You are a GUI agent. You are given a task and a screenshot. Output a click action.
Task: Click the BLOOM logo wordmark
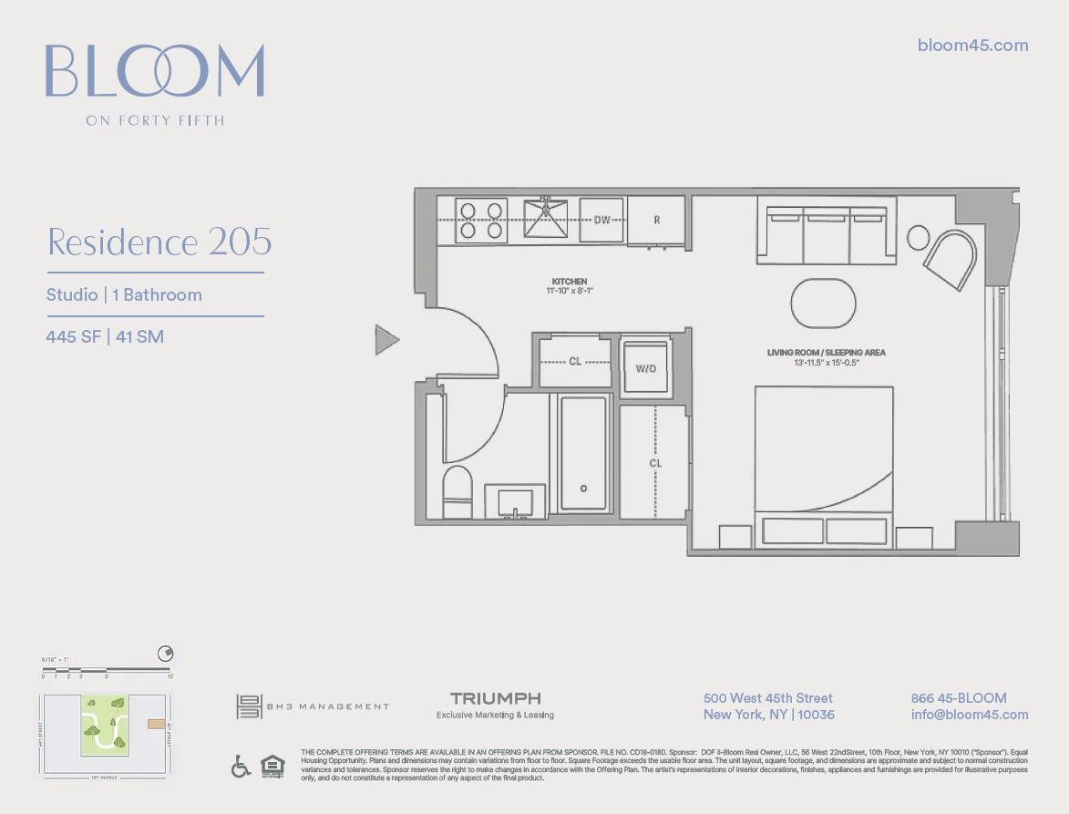click(155, 71)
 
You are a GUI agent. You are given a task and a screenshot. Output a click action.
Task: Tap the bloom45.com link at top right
click(972, 46)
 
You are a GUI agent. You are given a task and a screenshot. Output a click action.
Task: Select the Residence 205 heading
click(159, 242)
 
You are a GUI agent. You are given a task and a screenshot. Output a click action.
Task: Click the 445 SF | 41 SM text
click(105, 336)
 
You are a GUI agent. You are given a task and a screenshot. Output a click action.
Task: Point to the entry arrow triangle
click(386, 340)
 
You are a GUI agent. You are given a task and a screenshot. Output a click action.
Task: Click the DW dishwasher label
click(601, 220)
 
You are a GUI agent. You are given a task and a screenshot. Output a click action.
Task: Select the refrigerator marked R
click(656, 220)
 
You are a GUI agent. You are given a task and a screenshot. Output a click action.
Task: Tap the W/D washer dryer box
click(645, 368)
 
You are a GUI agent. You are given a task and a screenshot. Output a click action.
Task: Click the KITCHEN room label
click(570, 282)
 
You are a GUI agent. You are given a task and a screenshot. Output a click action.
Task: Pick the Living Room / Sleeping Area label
click(827, 352)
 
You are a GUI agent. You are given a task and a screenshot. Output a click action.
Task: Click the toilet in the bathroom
click(457, 492)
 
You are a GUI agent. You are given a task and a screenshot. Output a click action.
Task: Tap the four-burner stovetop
click(481, 220)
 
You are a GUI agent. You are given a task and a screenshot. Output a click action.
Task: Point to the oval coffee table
click(824, 304)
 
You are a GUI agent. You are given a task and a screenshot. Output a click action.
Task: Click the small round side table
click(918, 237)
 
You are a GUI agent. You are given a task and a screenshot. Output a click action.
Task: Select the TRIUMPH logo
click(495, 698)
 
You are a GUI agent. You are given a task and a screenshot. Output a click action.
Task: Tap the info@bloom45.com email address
click(969, 715)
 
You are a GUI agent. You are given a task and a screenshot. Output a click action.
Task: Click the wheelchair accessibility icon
click(241, 767)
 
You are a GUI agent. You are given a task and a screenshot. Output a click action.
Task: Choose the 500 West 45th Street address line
click(768, 698)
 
